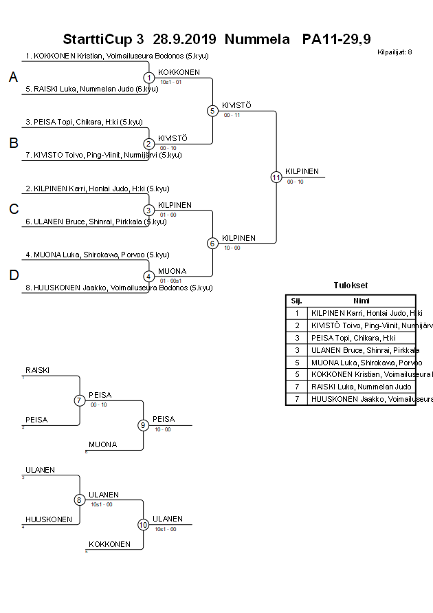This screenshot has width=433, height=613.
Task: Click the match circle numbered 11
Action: point(276,177)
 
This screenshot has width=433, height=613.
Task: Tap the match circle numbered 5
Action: point(212,110)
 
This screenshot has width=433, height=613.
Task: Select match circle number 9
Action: point(143,424)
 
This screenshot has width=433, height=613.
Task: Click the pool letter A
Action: point(13,78)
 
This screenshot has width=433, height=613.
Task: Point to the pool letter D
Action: point(13,275)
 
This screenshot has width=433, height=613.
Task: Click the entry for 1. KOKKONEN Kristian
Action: point(117,56)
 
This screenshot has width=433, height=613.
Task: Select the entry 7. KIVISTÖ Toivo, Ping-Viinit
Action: point(103,155)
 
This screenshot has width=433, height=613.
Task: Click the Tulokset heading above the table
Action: point(351,285)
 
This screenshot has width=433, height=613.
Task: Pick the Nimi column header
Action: point(362,301)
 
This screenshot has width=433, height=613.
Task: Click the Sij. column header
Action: point(296,301)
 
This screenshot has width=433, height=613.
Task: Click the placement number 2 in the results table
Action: point(296,325)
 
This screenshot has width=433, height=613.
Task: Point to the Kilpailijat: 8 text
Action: point(395,52)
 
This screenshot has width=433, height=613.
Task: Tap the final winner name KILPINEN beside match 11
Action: point(302,171)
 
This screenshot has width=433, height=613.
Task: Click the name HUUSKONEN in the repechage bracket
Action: point(49,519)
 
